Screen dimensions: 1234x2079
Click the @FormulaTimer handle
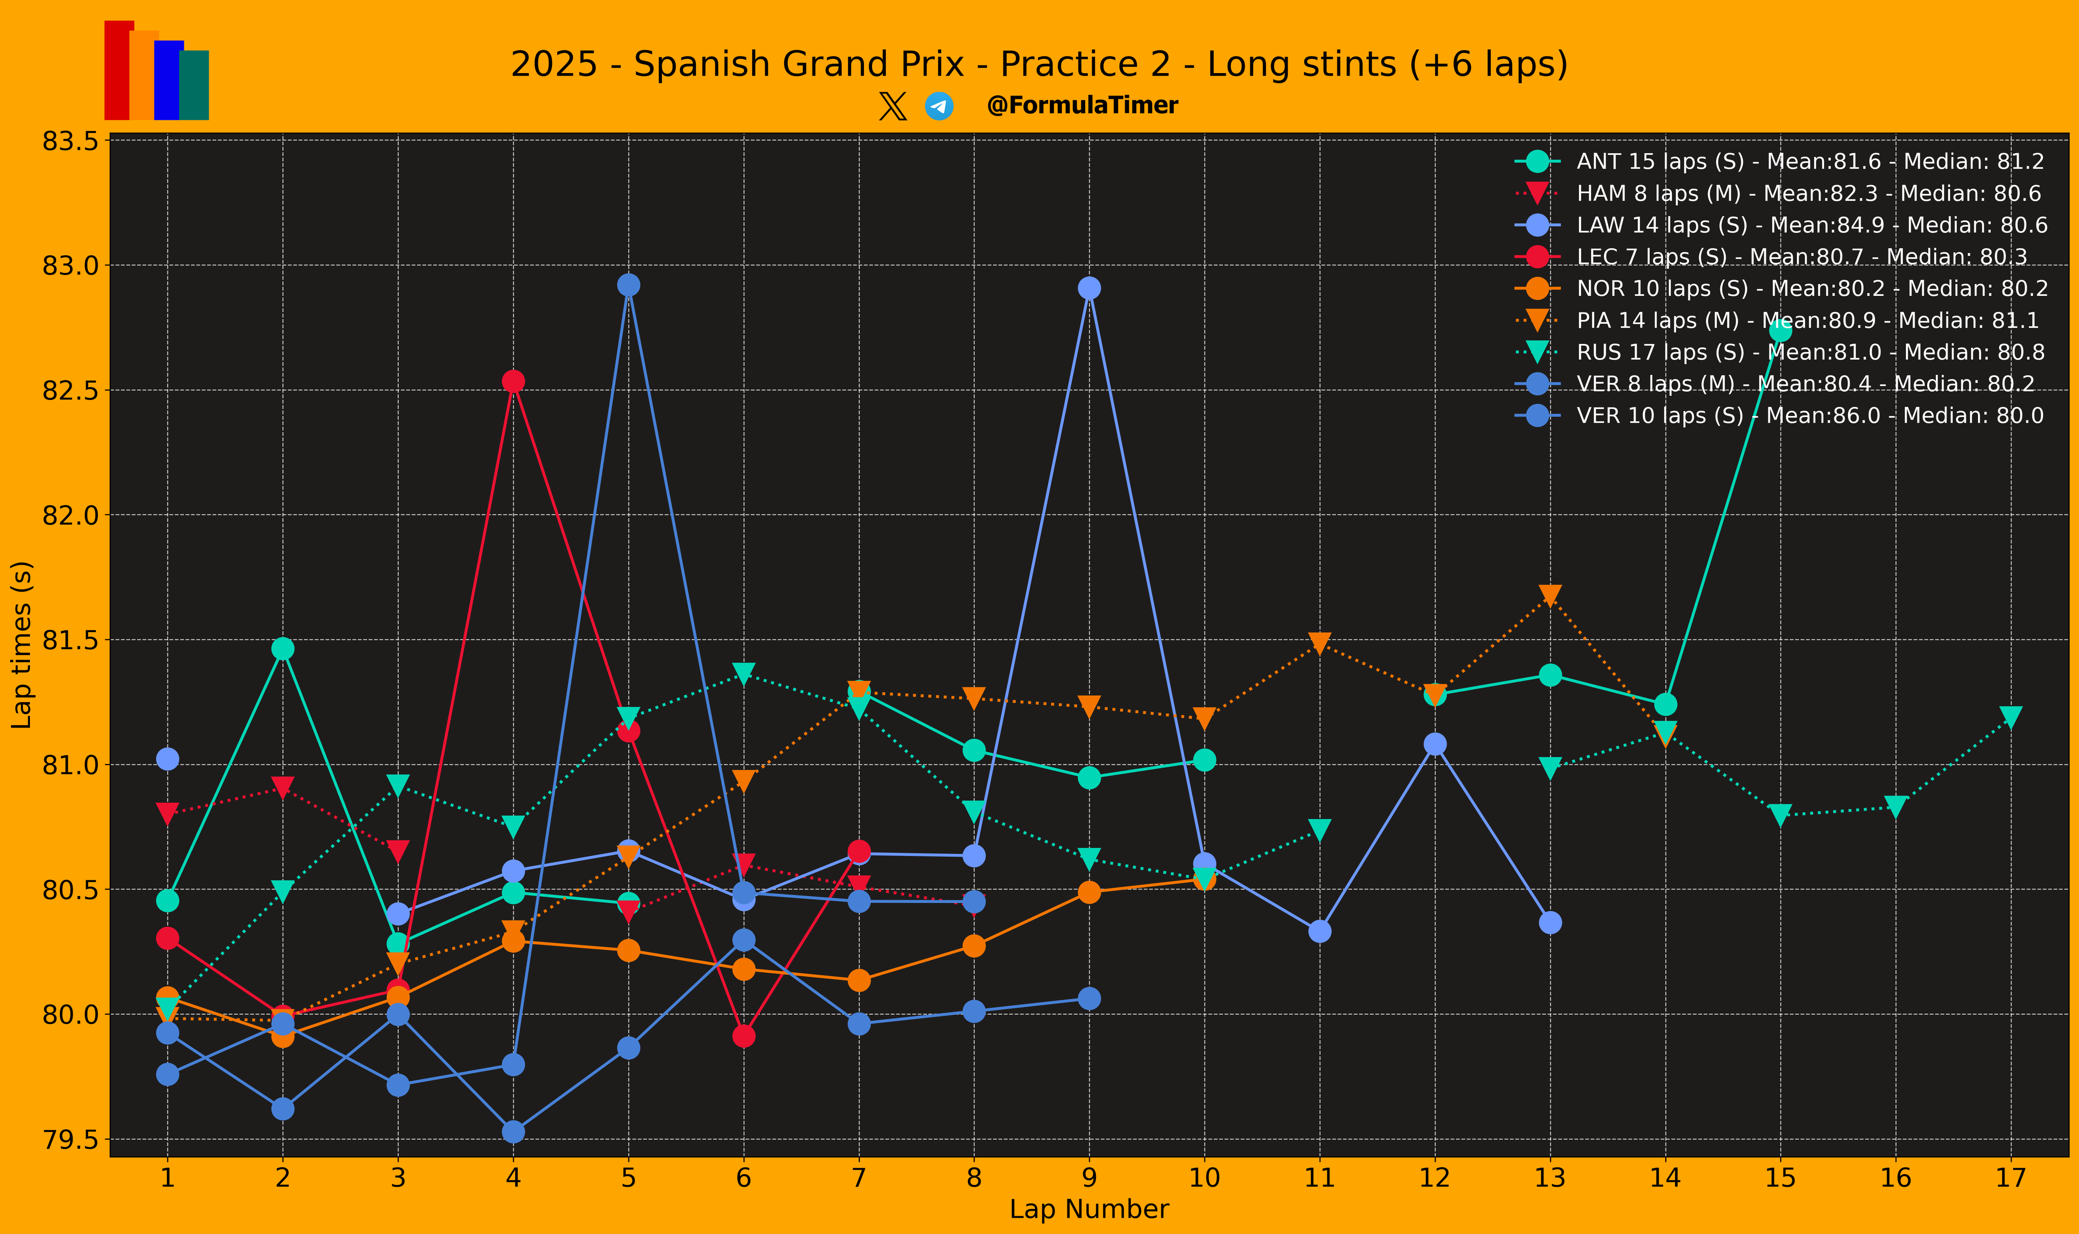coord(1082,106)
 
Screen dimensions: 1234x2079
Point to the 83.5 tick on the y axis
coord(70,142)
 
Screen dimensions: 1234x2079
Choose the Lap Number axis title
coord(1089,1209)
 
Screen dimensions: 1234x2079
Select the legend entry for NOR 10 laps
coord(1811,289)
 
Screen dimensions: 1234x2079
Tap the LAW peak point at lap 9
coord(1089,288)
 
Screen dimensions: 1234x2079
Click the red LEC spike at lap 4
coord(513,382)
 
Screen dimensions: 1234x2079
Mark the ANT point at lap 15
coord(1780,331)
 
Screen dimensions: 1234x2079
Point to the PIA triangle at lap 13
coord(1549,595)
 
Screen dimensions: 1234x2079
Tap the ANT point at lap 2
coord(283,648)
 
